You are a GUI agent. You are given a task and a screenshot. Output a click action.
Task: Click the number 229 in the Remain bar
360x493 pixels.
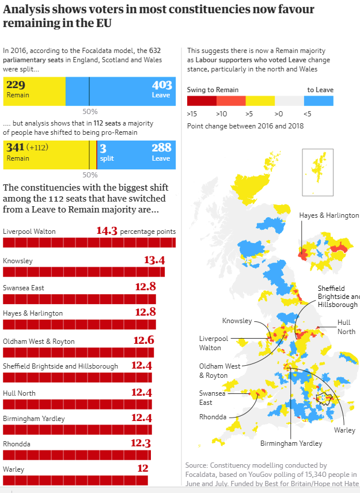pyautogui.click(x=16, y=85)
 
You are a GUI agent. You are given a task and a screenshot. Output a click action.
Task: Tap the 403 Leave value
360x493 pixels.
pyautogui.click(x=161, y=85)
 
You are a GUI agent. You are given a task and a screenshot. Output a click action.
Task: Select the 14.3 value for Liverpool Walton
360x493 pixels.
pyautogui.click(x=107, y=231)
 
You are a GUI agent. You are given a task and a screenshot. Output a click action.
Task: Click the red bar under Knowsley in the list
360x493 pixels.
pyautogui.click(x=84, y=272)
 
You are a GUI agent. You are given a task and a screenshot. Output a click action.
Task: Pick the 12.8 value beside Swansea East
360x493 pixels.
pyautogui.click(x=145, y=287)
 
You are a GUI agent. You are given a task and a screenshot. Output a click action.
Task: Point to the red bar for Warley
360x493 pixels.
pyautogui.click(x=75, y=480)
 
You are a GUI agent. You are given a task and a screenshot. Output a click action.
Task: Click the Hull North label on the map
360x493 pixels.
pyautogui.click(x=346, y=327)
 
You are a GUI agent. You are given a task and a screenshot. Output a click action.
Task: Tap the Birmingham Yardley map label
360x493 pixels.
pyautogui.click(x=291, y=443)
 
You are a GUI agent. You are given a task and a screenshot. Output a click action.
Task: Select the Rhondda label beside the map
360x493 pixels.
pyautogui.click(x=213, y=417)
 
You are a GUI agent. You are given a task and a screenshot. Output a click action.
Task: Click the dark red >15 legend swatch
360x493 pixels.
pyautogui.click(x=202, y=101)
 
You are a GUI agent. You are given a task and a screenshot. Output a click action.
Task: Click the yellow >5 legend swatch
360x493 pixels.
pyautogui.click(x=260, y=101)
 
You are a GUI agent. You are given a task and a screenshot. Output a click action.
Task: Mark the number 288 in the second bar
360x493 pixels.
pyautogui.click(x=161, y=148)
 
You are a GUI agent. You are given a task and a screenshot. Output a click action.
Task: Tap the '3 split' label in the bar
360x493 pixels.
pyautogui.click(x=107, y=153)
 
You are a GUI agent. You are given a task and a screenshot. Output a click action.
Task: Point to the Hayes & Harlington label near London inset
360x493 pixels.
pyautogui.click(x=328, y=215)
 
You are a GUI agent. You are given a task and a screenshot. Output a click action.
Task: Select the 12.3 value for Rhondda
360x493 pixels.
pyautogui.click(x=141, y=443)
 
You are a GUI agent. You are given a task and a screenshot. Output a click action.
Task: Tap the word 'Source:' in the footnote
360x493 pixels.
pyautogui.click(x=196, y=465)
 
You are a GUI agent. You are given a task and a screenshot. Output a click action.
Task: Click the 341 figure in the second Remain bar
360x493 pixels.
pyautogui.click(x=16, y=148)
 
